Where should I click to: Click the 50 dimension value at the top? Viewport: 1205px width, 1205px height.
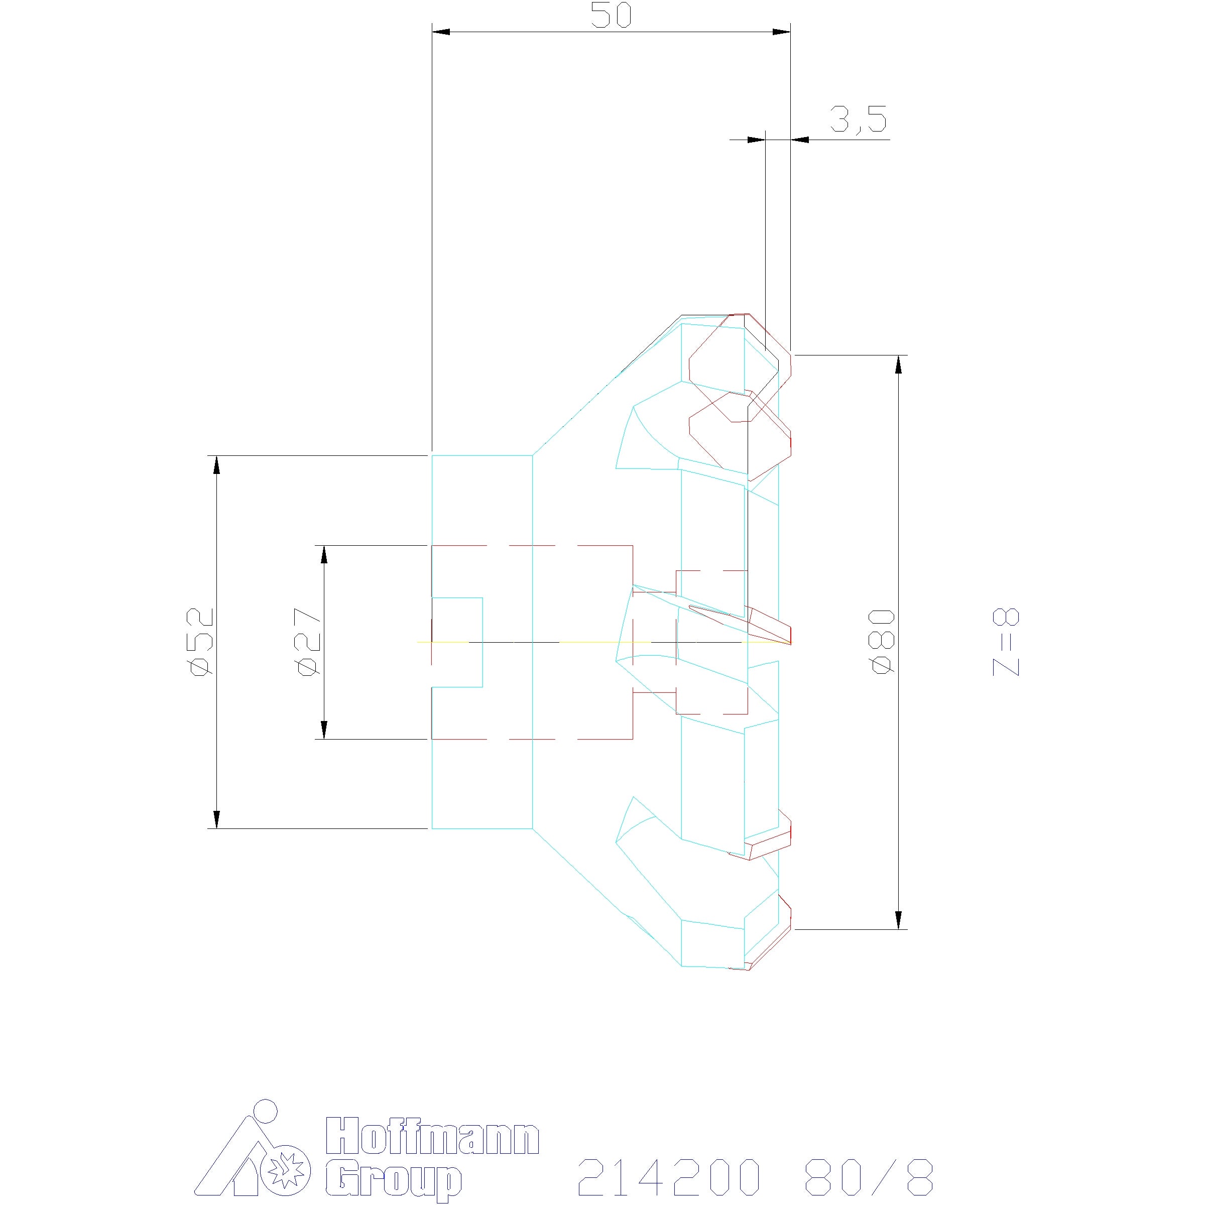(x=611, y=16)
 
